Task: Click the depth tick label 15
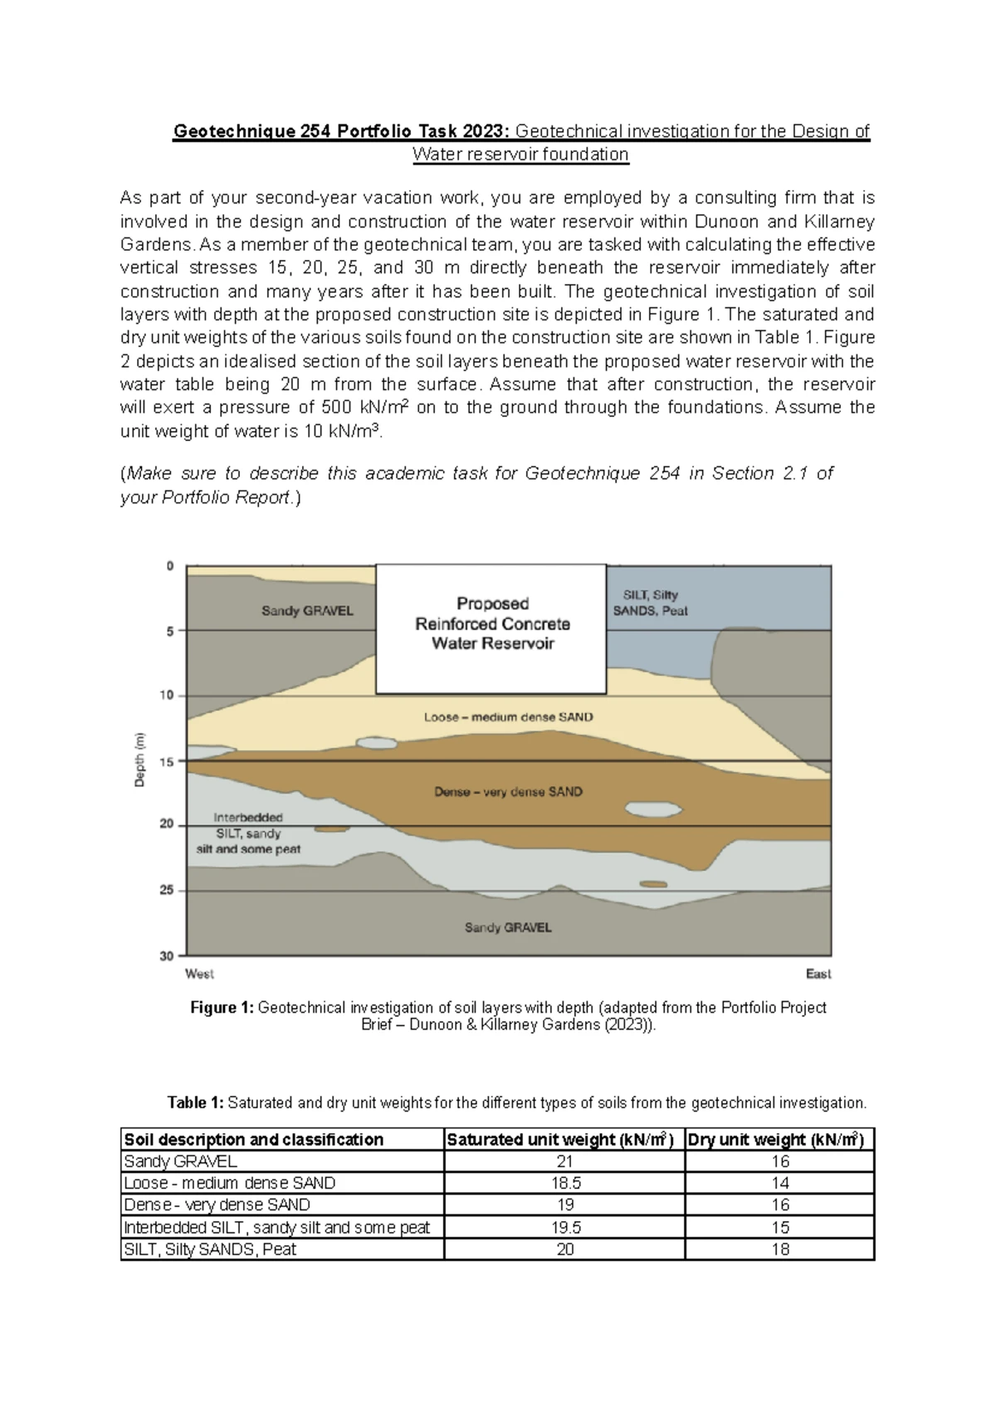pos(168,760)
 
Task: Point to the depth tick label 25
pos(168,890)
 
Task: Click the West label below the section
pos(199,974)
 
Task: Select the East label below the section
pos(818,974)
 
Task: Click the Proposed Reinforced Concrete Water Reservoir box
pos(491,628)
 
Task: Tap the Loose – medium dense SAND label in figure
pos(508,716)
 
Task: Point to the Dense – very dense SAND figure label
pos(508,792)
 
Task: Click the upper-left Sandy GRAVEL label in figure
pos(307,610)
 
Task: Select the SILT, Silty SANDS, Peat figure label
pos(650,603)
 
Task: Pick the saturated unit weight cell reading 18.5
pos(564,1183)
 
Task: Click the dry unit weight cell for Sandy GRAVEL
pos(779,1161)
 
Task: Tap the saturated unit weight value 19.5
pos(564,1227)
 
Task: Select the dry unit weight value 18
pos(779,1249)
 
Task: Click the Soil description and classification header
pos(253,1140)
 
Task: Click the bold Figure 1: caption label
pos(222,1008)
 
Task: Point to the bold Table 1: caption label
pos(195,1102)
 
